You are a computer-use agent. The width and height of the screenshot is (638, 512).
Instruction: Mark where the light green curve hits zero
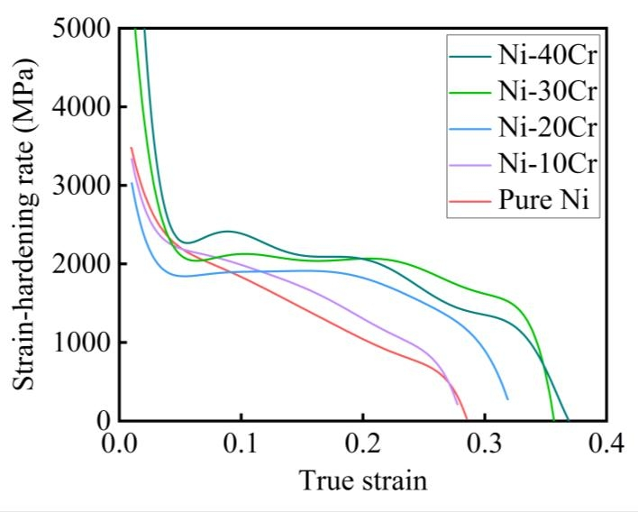(553, 420)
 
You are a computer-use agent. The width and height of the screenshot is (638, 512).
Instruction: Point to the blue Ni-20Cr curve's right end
(507, 398)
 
